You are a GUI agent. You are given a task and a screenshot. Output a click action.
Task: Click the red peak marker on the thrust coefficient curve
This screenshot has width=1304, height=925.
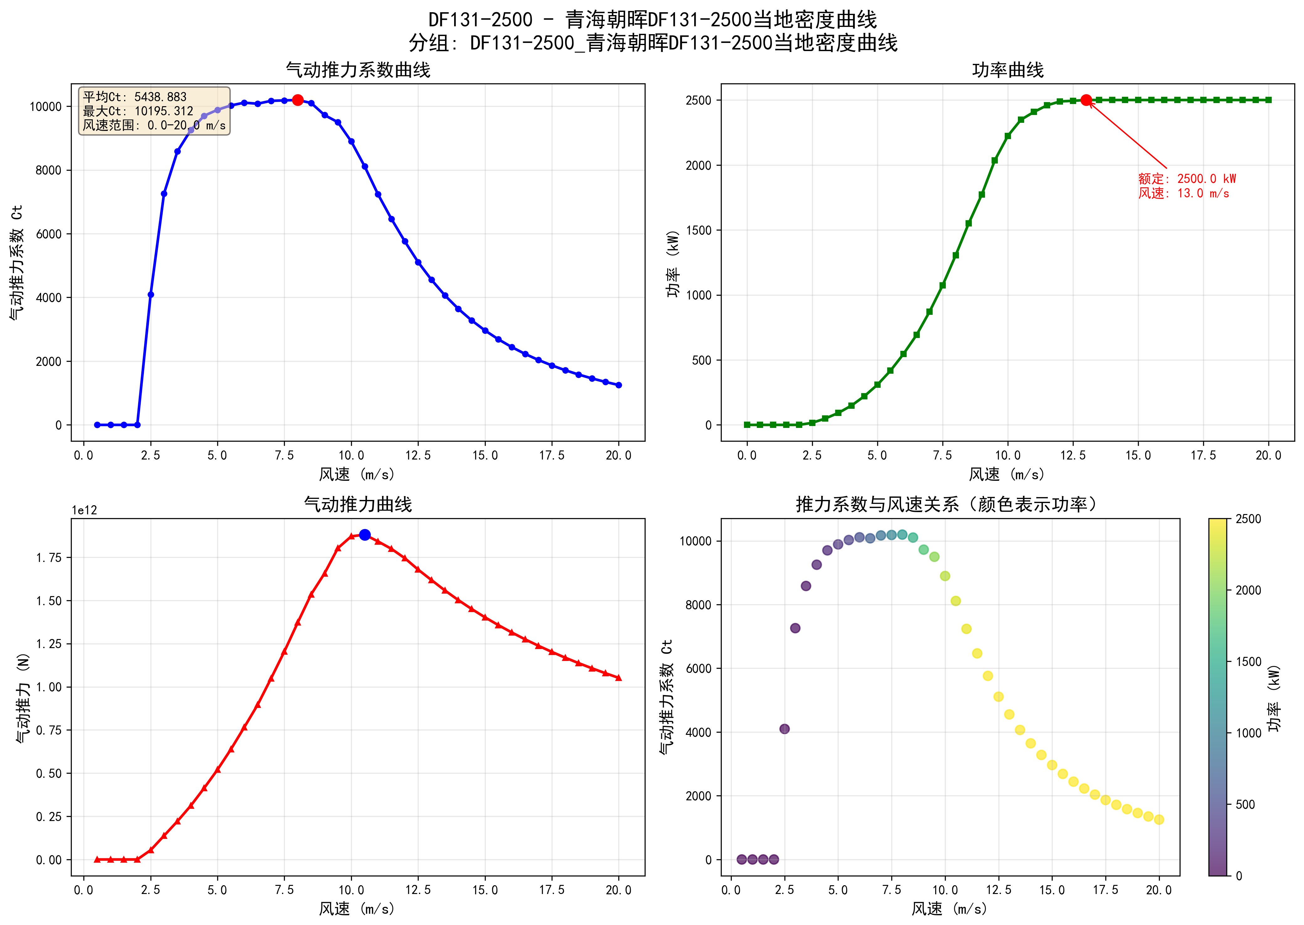tap(297, 100)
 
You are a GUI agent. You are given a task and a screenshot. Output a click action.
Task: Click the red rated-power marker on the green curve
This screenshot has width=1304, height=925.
tap(1087, 100)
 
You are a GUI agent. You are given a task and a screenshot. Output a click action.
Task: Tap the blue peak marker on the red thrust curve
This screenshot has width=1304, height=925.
tap(364, 535)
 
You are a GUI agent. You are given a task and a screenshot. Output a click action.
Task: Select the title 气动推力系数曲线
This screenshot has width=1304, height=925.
tap(358, 70)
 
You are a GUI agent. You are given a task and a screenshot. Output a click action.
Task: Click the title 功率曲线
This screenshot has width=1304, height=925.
tap(1007, 70)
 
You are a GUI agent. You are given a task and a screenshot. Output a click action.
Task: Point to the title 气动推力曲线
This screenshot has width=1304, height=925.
tap(358, 504)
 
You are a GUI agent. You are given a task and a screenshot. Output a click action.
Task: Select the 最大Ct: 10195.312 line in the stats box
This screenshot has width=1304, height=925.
tap(139, 111)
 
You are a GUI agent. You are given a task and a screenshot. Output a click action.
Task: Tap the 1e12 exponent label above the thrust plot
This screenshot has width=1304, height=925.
tap(84, 510)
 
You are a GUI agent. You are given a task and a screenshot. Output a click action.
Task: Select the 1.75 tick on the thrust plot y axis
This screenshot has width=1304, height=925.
tap(49, 558)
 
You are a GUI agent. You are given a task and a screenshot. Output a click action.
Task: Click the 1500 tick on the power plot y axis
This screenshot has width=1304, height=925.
tap(699, 230)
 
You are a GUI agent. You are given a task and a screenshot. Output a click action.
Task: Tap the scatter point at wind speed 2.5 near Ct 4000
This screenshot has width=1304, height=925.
tap(784, 729)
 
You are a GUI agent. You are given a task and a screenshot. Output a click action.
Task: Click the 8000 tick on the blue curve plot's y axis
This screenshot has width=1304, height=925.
tap(49, 170)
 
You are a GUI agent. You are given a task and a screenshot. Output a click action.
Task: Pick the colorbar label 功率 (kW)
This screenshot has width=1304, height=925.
tap(1274, 698)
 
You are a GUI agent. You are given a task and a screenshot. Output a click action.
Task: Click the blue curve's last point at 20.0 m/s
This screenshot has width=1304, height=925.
tap(619, 385)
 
